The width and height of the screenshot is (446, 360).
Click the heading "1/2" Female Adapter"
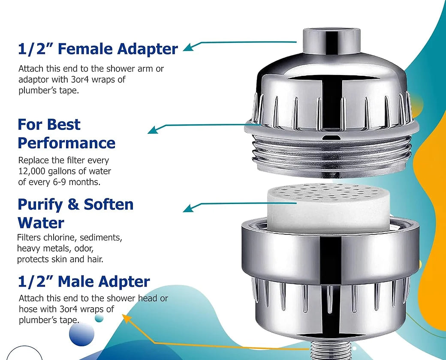point(98,49)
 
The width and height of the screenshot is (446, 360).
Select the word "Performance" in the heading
point(66,143)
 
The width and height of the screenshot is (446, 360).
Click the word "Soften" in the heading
point(108,204)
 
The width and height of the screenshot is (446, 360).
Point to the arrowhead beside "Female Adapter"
point(187,48)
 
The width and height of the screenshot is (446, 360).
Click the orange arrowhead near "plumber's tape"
point(126,318)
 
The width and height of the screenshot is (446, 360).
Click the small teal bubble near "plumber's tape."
point(99,318)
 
